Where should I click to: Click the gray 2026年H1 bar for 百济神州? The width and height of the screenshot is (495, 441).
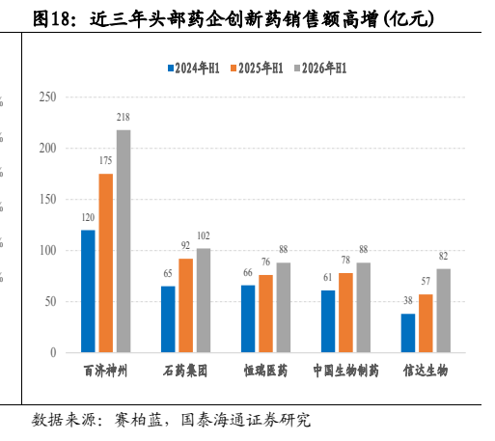pos(124,241)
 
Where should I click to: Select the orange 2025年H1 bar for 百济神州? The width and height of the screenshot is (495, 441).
pos(106,262)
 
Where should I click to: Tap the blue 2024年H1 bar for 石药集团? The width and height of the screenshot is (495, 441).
pos(168,319)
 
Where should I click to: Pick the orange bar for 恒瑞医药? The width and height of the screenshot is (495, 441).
pos(265,314)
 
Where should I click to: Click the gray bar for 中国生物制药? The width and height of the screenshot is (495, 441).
pos(364,308)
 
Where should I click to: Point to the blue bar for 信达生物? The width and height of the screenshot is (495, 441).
pos(408,333)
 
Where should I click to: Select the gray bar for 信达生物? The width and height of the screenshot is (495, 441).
pos(444,311)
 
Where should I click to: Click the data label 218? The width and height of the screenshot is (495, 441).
pos(124,117)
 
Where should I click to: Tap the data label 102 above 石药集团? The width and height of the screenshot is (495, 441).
pos(204,235)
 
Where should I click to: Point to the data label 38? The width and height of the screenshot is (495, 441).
pos(408,300)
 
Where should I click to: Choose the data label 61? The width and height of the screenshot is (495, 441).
pos(328,277)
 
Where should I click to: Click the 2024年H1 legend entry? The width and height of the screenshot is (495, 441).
pos(194,69)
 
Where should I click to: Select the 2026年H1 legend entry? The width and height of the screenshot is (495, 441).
pos(320,69)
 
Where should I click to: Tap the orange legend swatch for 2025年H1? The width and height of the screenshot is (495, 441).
pos(234,69)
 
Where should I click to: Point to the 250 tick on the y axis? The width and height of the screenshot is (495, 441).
pos(47,96)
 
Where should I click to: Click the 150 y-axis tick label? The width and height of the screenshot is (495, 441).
pos(47,199)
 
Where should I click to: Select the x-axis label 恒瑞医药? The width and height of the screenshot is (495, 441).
pos(265,371)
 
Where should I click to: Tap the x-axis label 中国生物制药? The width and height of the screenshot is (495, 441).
pos(346,371)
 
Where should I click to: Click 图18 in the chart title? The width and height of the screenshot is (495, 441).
pos(50,19)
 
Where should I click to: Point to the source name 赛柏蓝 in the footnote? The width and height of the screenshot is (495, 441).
pos(139,420)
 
